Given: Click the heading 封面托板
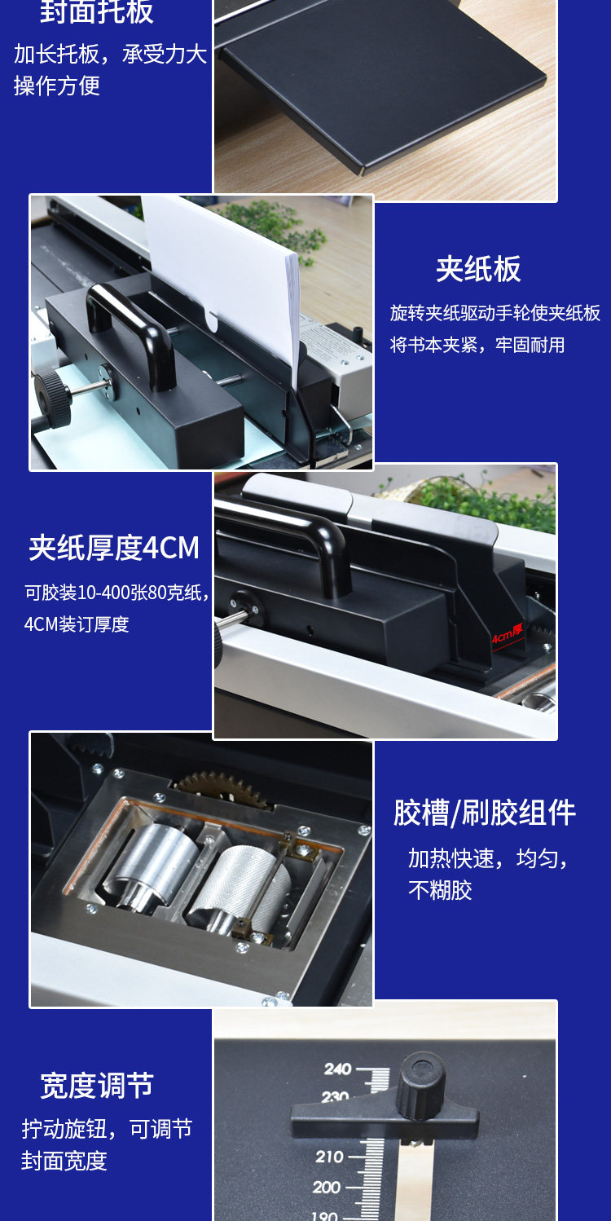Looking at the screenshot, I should tap(97, 12).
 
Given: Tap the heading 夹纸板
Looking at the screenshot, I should tap(478, 270).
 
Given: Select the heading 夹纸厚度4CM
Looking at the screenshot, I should tap(114, 548).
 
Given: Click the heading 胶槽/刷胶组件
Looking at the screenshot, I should tap(485, 813).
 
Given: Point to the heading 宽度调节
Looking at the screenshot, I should tap(97, 1086).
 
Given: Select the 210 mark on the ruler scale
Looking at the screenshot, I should tap(329, 1157).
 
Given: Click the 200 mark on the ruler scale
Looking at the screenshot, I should tap(327, 1187).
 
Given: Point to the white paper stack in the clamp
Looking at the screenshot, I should tap(224, 269).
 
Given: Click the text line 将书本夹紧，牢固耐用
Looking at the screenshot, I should tap(477, 345).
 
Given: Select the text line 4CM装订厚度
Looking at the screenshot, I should tap(77, 624).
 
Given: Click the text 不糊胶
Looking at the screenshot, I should tap(441, 889).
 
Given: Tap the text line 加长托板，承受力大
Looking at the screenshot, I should tap(110, 55).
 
